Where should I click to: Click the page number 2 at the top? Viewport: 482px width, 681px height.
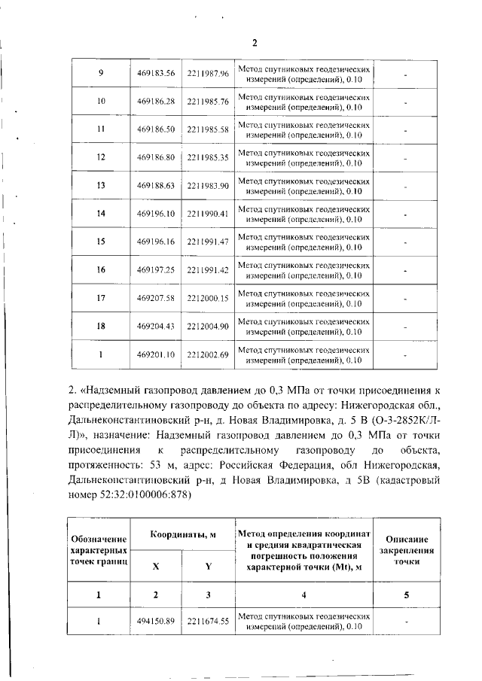point(255,42)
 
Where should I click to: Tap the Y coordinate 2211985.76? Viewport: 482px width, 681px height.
point(208,101)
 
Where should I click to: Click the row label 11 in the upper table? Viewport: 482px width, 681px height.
point(101,129)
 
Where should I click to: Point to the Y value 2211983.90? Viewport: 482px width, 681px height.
point(208,186)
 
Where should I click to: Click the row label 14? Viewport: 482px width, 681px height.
point(101,214)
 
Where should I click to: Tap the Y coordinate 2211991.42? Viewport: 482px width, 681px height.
point(208,270)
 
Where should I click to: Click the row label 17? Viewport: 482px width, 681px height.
point(101,299)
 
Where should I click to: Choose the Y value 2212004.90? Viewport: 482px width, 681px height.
point(208,327)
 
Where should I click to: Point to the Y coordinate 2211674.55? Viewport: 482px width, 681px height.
point(208,622)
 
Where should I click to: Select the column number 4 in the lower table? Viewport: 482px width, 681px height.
point(304,594)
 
